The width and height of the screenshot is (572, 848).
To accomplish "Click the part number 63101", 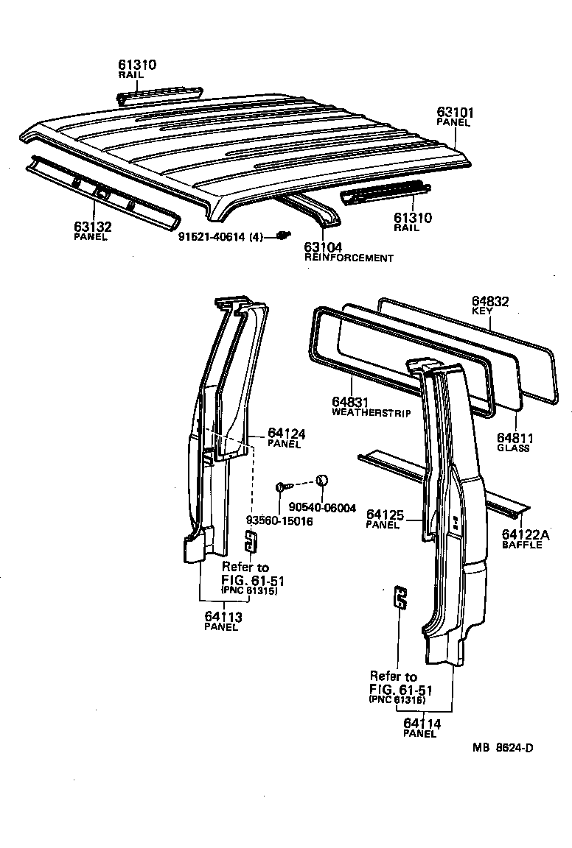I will pos(455,113).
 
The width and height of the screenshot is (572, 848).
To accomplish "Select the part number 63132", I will pos(92,227).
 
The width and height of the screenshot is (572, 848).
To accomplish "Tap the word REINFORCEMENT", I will pos(349,258).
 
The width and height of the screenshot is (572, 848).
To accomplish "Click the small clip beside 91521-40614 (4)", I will pos(282,235).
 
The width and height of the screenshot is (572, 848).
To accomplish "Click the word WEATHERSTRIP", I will pos(371,413).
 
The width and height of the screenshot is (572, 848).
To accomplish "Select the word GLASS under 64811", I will pos(513,448).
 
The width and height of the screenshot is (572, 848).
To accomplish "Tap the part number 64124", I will pos(286,434).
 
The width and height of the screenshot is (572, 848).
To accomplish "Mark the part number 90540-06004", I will pos(322,508).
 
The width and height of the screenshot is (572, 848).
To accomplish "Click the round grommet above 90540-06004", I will pos(321,481).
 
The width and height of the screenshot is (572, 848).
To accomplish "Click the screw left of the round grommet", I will pos(284,486).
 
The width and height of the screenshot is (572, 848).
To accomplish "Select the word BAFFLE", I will pos(522,545).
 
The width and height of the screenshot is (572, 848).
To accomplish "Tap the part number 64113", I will pos(223,617).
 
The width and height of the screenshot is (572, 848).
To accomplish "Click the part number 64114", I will pos(422,724).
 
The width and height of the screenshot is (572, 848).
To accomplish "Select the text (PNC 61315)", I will pos(249,592).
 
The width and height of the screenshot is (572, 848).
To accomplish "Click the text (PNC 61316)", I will pos(397,700).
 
